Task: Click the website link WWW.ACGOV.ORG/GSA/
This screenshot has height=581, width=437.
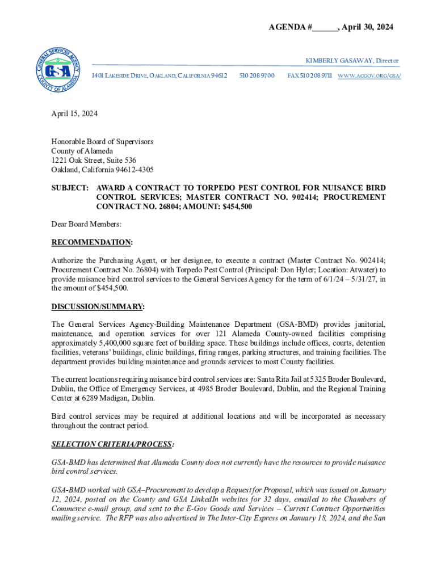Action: click(x=369, y=75)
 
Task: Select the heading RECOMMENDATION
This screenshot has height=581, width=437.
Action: click(x=91, y=243)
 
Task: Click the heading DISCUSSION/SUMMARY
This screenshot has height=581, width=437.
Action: click(x=97, y=307)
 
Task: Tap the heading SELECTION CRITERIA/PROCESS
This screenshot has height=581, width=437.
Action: click(x=111, y=444)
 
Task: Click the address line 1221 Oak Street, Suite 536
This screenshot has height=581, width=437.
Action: click(x=94, y=161)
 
